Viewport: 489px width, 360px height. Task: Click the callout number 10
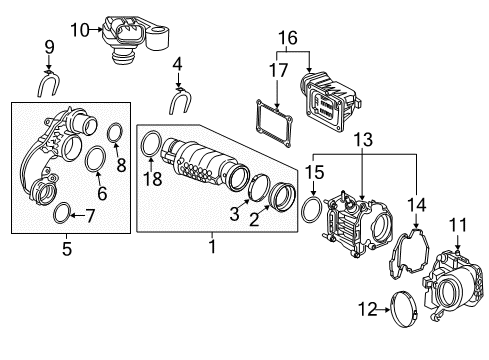(80, 31)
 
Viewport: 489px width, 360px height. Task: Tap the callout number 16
(288, 38)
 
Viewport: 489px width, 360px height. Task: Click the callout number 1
(210, 243)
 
